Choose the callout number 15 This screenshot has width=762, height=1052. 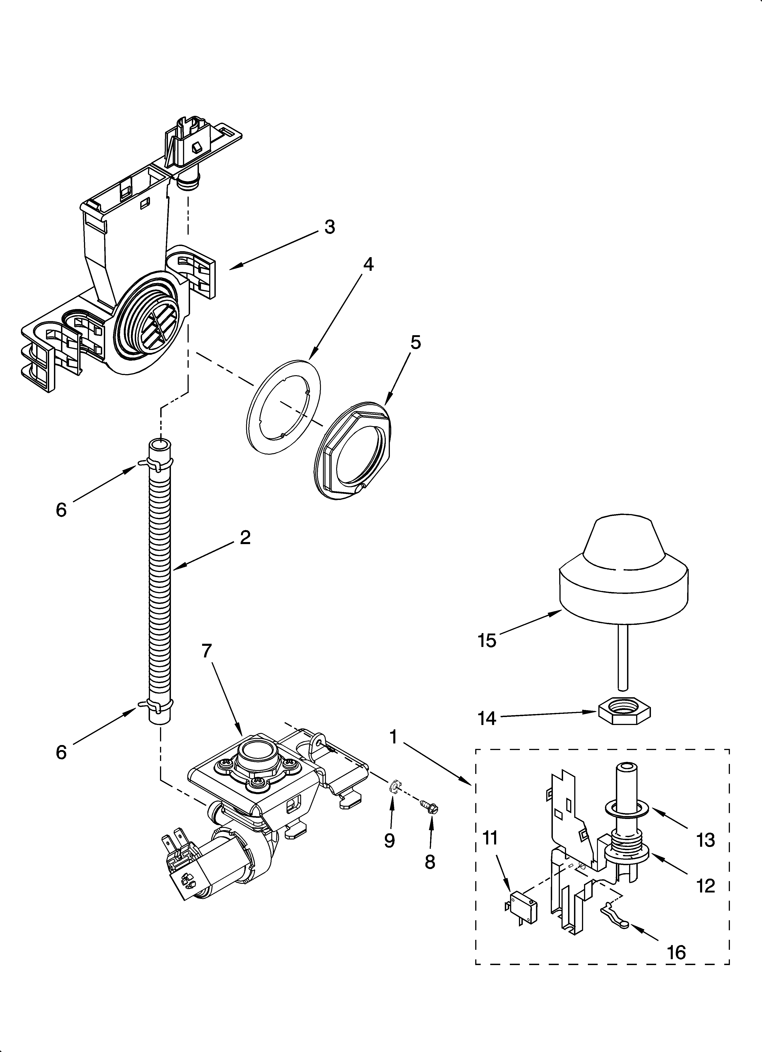coord(487,641)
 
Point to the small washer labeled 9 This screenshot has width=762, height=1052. coord(394,785)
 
